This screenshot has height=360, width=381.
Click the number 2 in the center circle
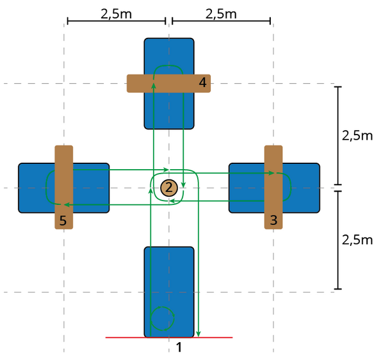(x=169, y=188)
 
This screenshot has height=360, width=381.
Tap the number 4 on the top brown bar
(x=202, y=83)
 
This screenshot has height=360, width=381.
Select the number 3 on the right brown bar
(x=273, y=220)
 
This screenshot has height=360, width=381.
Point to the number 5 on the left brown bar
(x=63, y=220)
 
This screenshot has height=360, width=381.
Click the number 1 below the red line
(x=179, y=347)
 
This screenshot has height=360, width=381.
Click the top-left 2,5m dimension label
(x=116, y=13)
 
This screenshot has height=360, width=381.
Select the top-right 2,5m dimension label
(x=221, y=13)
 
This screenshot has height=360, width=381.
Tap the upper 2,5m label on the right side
(x=357, y=135)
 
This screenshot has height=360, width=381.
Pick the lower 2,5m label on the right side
(x=357, y=240)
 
